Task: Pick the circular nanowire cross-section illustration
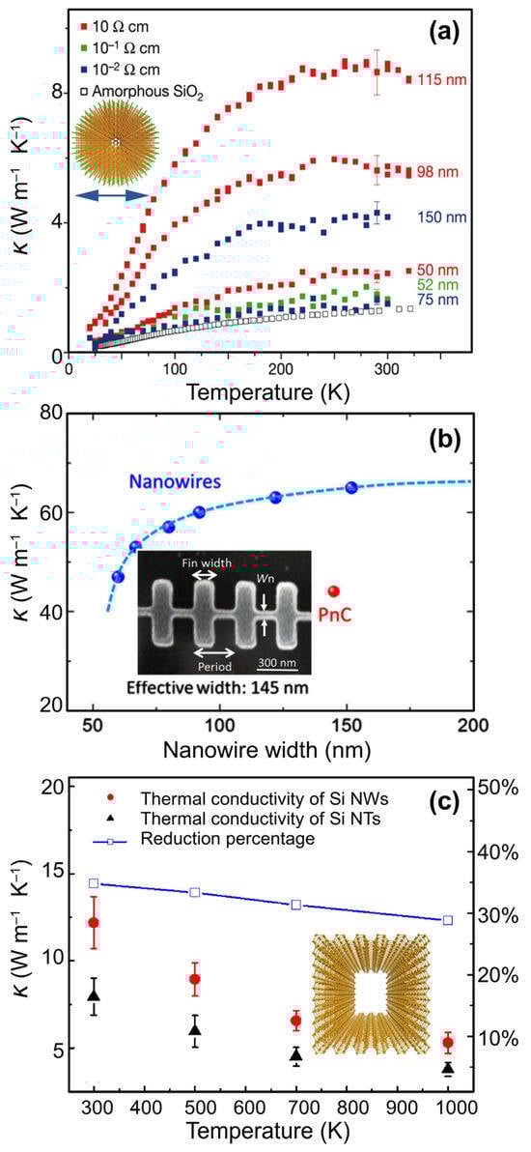click(x=114, y=142)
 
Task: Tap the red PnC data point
click(x=334, y=590)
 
